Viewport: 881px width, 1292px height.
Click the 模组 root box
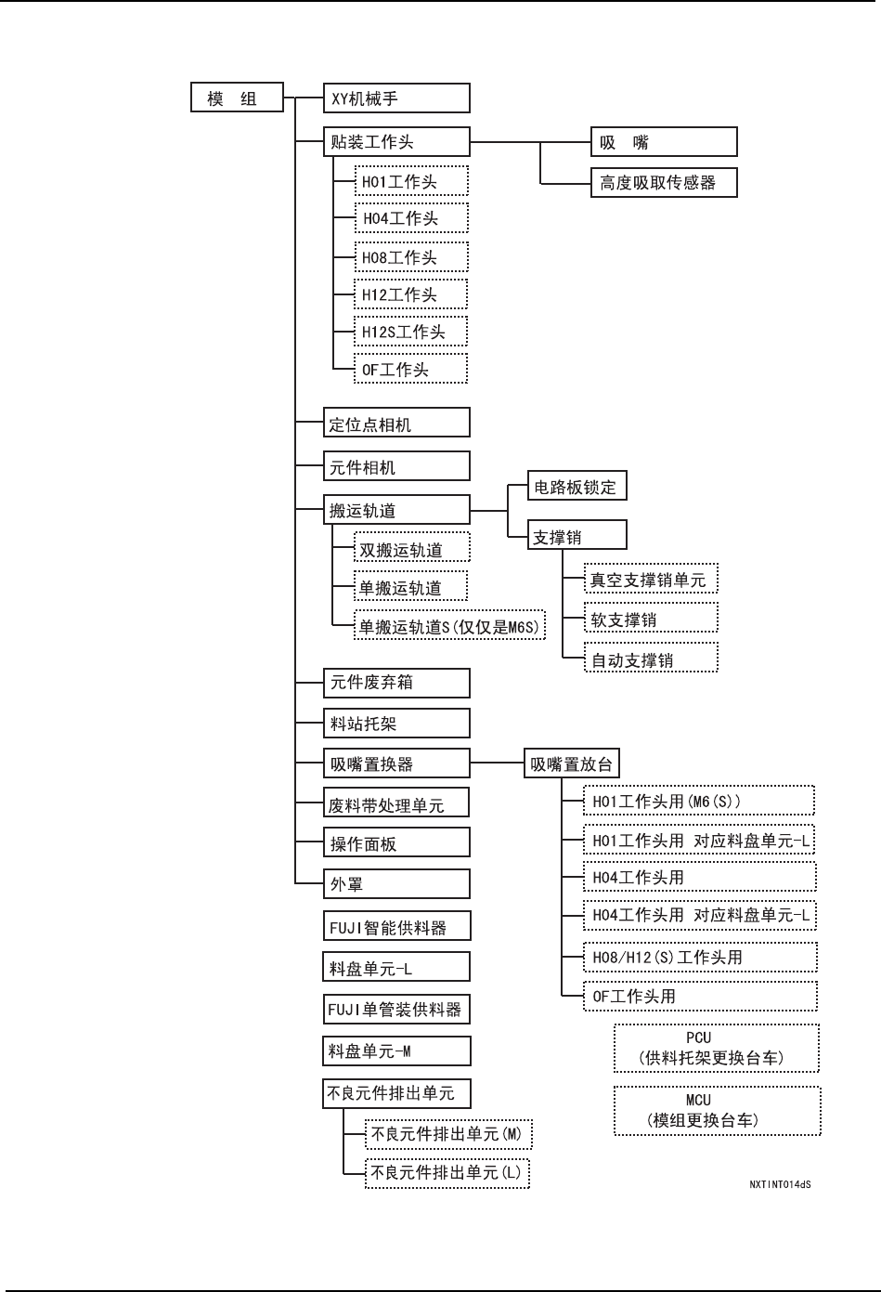coord(237,98)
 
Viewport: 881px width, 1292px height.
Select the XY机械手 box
coord(396,98)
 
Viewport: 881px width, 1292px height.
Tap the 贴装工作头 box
coord(396,142)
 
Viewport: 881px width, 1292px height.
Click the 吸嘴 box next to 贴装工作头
coord(664,142)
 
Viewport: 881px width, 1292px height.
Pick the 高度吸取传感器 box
coord(664,183)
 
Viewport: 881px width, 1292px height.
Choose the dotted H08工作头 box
coord(411,257)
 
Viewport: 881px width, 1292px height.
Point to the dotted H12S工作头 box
coord(411,332)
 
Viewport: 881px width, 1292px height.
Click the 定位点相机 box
coord(396,424)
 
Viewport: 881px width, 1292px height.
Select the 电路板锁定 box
coord(577,487)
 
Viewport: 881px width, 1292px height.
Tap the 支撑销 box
coord(577,536)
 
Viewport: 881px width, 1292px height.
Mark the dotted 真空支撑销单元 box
coord(651,581)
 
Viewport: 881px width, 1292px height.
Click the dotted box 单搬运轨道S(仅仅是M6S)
coord(449,626)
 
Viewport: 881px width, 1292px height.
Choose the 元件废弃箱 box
coord(396,682)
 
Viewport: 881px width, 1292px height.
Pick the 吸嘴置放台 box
coord(571,764)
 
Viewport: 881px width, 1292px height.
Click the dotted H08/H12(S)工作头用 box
coord(700,958)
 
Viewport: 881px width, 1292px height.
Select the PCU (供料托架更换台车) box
coord(717,1048)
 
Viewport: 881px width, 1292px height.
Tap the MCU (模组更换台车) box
coord(717,1110)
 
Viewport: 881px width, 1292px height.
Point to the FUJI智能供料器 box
coord(396,927)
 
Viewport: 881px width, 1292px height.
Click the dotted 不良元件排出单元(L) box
coord(447,1172)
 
